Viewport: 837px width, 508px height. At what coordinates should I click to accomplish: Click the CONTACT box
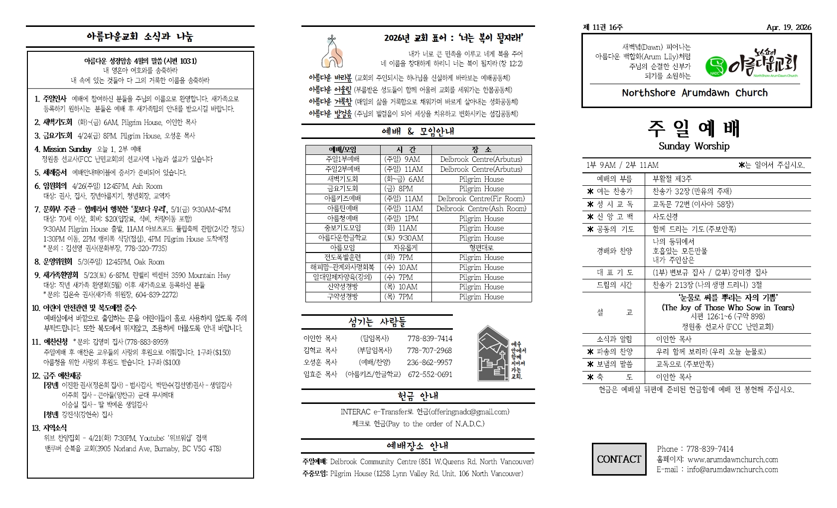tap(619, 459)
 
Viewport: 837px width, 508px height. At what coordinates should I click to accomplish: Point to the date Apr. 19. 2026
tap(789, 28)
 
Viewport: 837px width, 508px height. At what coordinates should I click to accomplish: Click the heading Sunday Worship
tap(694, 146)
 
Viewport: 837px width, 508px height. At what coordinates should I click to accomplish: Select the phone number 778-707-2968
tap(429, 350)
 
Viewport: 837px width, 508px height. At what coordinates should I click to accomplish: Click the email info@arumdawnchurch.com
tap(732, 469)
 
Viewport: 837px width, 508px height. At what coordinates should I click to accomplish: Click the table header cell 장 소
tap(481, 149)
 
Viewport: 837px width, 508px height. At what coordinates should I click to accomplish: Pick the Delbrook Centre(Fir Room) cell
tap(481, 198)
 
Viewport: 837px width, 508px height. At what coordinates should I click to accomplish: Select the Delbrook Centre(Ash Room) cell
tap(481, 208)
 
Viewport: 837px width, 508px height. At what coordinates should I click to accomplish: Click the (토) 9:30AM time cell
tap(404, 238)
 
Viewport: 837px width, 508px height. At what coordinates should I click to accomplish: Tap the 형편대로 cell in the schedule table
tap(481, 248)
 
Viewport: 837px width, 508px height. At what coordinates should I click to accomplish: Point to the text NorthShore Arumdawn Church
tap(695, 93)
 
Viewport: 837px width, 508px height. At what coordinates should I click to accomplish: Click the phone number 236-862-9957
tap(429, 362)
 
